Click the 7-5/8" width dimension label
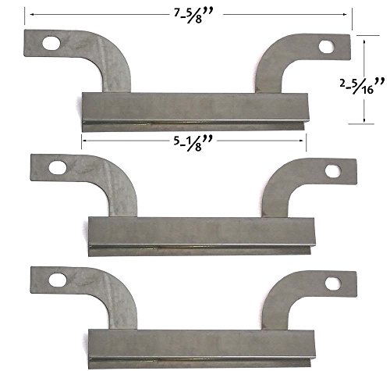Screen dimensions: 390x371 [193, 16]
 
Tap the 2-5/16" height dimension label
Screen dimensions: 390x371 [362, 86]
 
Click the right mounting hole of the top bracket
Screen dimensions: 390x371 [327, 47]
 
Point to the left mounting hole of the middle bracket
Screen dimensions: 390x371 [58, 167]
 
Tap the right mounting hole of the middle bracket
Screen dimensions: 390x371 [333, 171]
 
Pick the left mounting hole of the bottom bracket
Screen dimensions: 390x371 [58, 280]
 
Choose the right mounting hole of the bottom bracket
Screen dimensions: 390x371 [333, 284]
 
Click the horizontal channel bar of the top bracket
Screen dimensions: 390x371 [195, 112]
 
